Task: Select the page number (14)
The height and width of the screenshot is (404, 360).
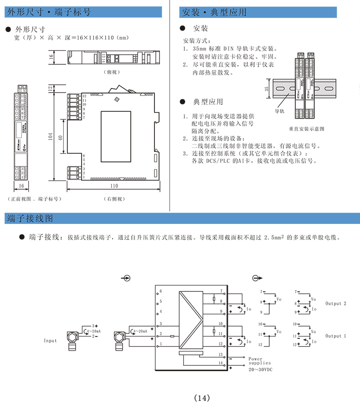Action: point(202,398)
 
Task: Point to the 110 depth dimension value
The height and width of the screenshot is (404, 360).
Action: point(114,186)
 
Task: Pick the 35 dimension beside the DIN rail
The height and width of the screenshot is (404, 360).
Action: point(267,90)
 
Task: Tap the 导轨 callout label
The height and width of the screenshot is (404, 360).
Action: point(279,111)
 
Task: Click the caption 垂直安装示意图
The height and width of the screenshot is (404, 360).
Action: point(306,129)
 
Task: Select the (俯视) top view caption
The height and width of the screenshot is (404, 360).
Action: point(111,72)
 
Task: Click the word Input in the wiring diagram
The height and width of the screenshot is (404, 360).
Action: point(51,341)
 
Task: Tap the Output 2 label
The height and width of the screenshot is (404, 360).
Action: point(336,303)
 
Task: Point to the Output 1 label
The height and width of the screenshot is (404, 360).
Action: point(336,336)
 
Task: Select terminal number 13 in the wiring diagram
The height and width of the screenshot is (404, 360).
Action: point(221,354)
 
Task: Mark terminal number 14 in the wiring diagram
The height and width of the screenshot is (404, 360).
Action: point(221,363)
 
